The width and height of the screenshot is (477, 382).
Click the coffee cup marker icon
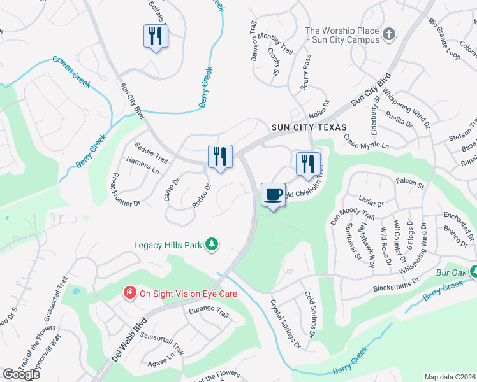pyautogui.click(x=273, y=194)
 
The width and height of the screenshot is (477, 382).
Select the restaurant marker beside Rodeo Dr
pyautogui.click(x=220, y=156)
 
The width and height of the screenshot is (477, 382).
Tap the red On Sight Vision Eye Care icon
pyautogui.click(x=130, y=294)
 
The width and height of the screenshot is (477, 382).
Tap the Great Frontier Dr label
pyautogui.click(x=125, y=190)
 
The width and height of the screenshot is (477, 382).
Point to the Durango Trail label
pyautogui.click(x=208, y=312)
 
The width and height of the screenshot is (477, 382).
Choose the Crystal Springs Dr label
pyautogui.click(x=285, y=323)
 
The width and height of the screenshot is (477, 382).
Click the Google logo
pyautogui.click(x=21, y=374)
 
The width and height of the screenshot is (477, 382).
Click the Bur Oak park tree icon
pyautogui.click(x=473, y=272)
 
